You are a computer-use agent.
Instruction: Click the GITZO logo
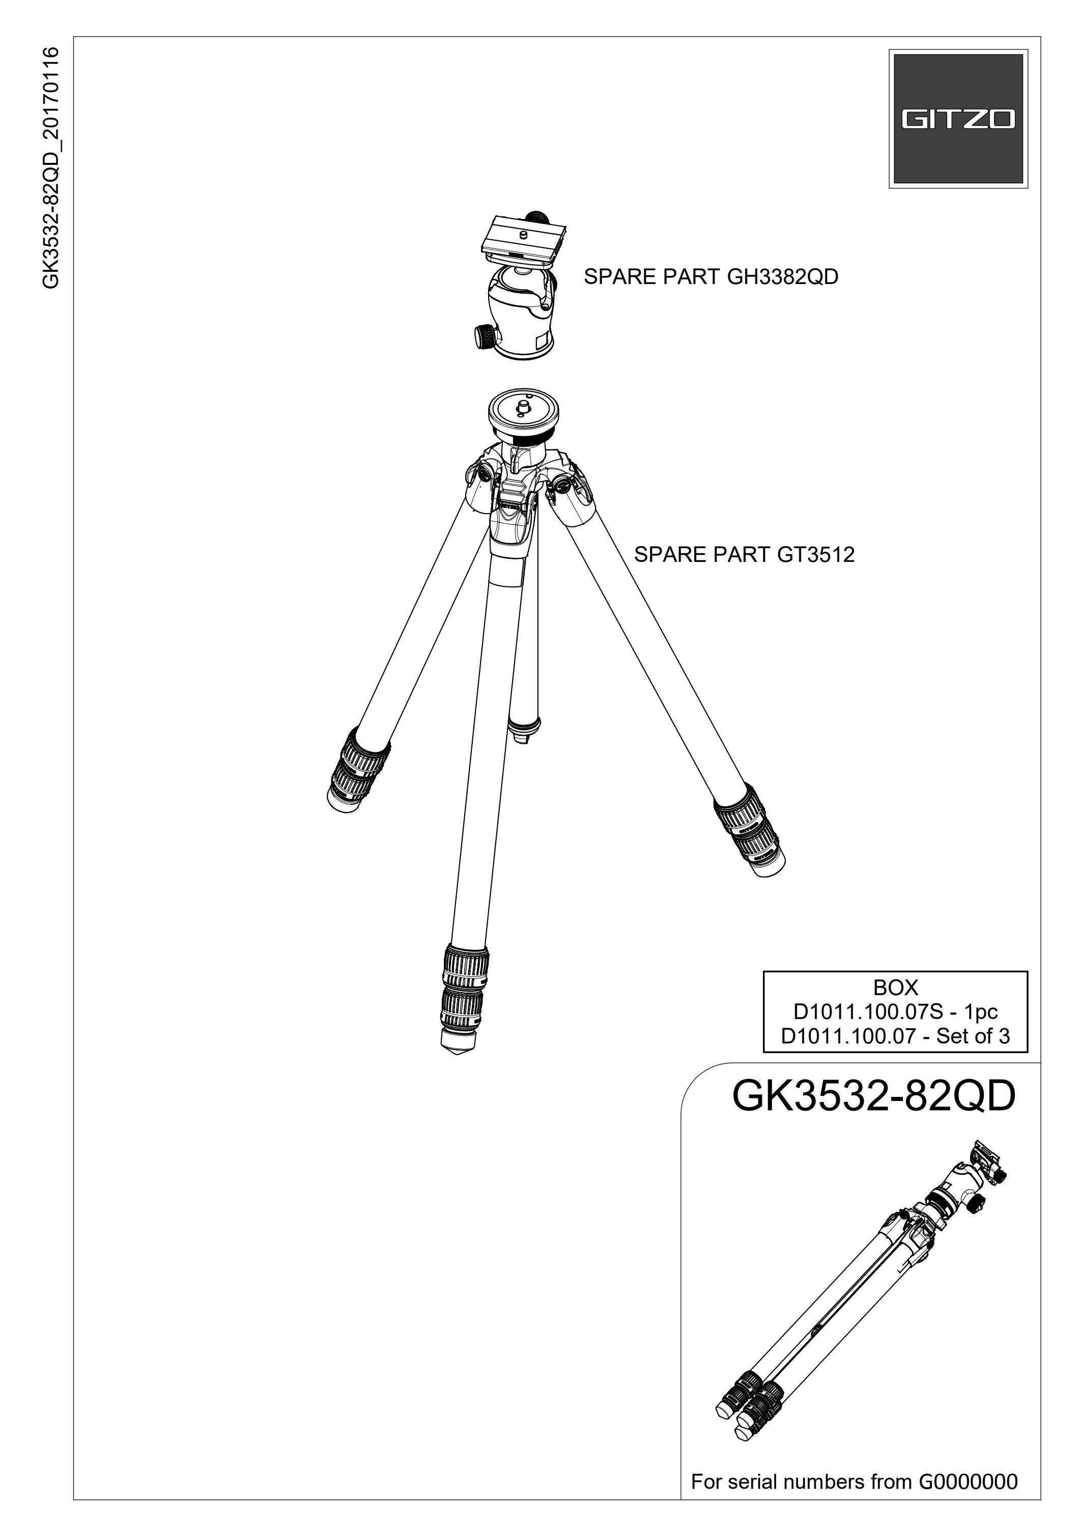(x=958, y=119)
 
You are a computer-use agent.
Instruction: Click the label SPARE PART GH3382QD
(x=711, y=277)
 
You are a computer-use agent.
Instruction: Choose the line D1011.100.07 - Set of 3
(x=895, y=1036)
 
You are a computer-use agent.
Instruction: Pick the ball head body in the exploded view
(x=521, y=311)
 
